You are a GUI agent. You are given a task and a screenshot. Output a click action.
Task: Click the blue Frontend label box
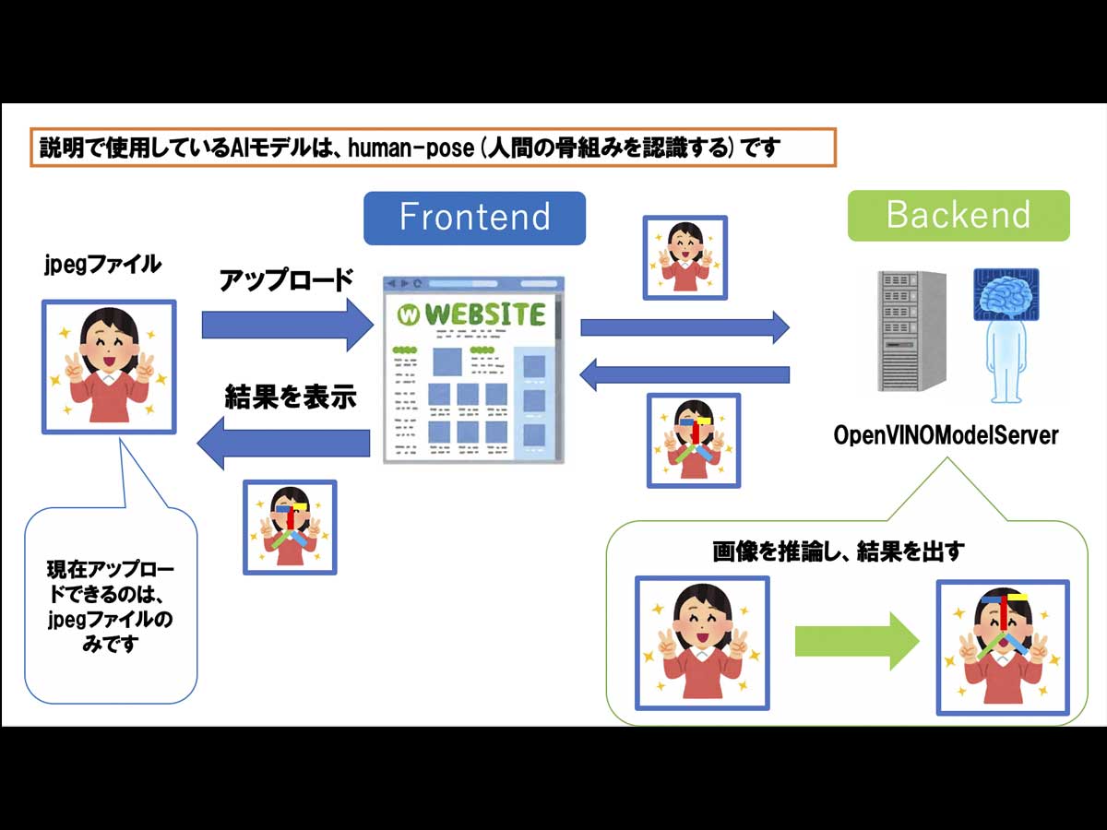tap(474, 219)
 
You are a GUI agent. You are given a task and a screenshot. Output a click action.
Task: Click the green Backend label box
tap(958, 216)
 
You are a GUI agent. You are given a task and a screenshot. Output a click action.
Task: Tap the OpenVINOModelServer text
tap(946, 435)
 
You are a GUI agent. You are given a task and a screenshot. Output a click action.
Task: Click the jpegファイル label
tap(103, 265)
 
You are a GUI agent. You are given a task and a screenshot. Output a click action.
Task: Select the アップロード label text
tap(287, 280)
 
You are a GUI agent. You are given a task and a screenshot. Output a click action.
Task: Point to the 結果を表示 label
tap(291, 397)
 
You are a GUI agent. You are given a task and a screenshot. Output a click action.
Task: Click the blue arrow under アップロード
tap(288, 325)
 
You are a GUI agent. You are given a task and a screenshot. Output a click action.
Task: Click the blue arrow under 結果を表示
tap(283, 444)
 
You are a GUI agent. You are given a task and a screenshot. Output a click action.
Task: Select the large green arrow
tap(857, 642)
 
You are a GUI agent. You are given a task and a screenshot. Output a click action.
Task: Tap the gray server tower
tap(911, 331)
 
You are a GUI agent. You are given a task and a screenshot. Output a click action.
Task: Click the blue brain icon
tap(1006, 294)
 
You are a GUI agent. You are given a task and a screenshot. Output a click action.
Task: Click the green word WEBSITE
tap(485, 314)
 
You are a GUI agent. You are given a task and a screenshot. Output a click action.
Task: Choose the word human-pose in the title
tap(411, 148)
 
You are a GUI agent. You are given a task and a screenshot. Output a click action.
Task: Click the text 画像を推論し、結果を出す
tap(839, 551)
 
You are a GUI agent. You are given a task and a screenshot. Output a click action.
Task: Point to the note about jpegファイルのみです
tap(111, 606)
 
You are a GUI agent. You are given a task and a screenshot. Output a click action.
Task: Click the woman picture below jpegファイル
tap(109, 367)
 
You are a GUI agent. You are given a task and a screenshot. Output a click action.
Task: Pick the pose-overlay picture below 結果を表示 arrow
tap(290, 528)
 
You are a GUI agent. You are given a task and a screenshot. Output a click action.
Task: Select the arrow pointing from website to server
tap(684, 327)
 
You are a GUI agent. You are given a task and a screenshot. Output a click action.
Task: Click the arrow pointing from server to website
tap(684, 375)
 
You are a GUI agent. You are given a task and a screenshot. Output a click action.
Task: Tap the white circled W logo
tap(409, 315)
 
